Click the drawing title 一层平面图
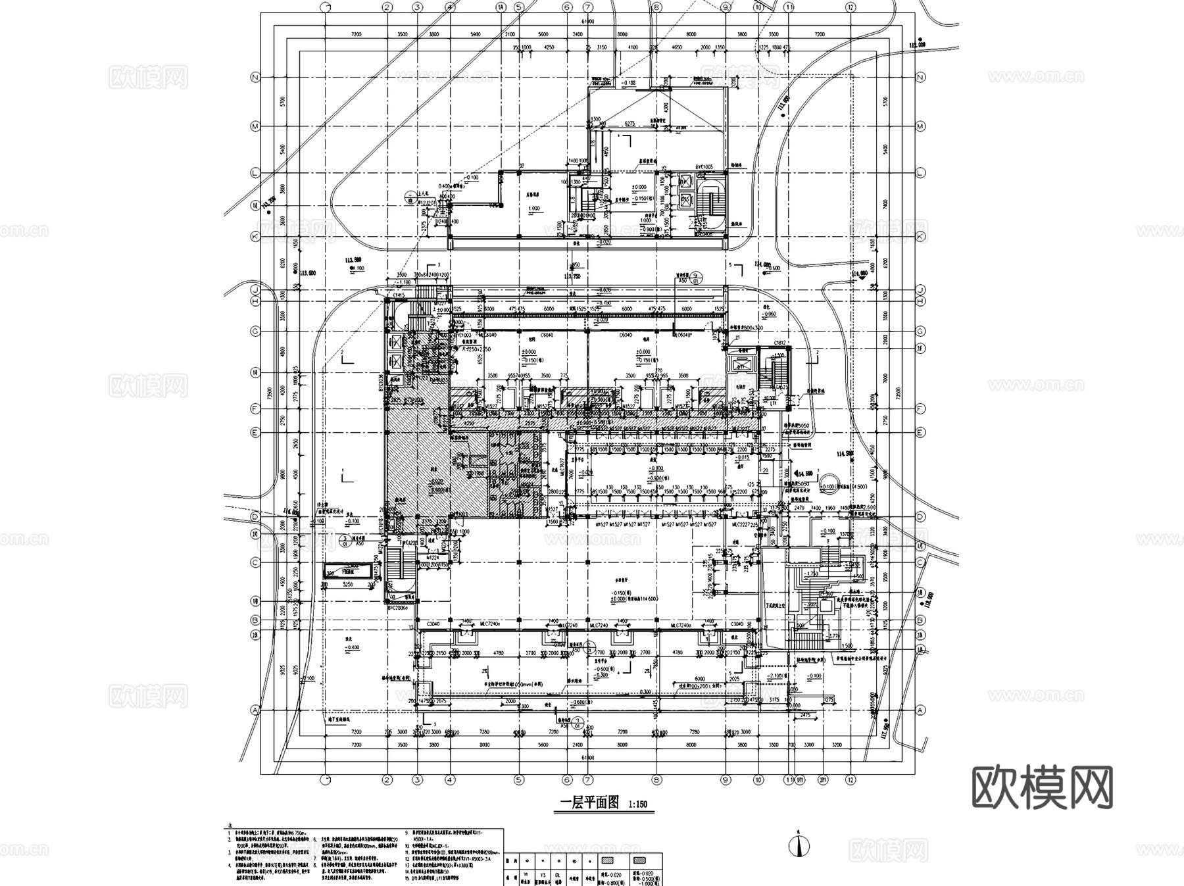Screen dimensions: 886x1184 (x=590, y=802)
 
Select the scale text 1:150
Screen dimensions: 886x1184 (x=638, y=804)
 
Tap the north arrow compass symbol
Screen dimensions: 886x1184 (x=799, y=846)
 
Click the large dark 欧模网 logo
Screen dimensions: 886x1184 (x=1043, y=787)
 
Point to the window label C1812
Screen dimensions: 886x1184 (x=781, y=343)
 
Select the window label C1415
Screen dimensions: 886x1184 (x=399, y=295)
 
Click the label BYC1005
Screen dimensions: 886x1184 (x=704, y=167)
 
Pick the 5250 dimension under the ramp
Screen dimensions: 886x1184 (x=348, y=584)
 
